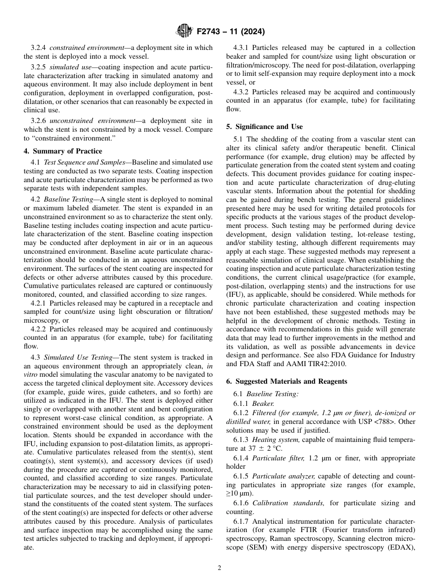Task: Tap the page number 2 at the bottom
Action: click(219, 568)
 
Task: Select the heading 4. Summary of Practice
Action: click(63, 151)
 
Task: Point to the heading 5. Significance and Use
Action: click(264, 127)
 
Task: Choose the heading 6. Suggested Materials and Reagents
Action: click(287, 381)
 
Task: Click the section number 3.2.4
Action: click(38, 48)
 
